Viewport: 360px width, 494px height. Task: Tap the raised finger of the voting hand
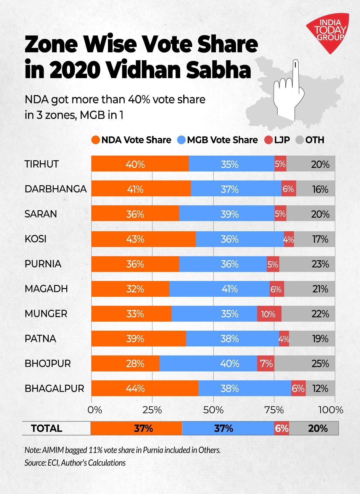[x=296, y=71]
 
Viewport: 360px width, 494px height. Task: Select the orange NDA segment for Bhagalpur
[x=145, y=388]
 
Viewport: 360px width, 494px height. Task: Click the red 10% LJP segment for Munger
[x=269, y=314]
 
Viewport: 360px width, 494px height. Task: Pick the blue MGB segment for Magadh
[x=219, y=289]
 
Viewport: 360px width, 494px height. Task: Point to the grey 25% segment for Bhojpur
[x=304, y=363]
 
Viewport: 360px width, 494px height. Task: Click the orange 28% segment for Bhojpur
[x=125, y=363]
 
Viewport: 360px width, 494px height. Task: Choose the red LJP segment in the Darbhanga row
[x=288, y=189]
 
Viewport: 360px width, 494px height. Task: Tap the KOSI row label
[x=35, y=239]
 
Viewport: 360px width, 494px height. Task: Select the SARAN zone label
[x=41, y=214]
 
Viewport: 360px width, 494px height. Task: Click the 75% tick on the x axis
[x=274, y=410]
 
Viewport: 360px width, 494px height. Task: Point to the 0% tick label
[x=94, y=410]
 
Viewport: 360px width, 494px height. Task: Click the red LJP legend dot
[x=269, y=140]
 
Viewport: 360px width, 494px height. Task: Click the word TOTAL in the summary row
[x=47, y=428]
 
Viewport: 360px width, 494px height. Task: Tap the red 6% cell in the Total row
[x=281, y=428]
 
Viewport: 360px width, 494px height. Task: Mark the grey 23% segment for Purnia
[x=307, y=264]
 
